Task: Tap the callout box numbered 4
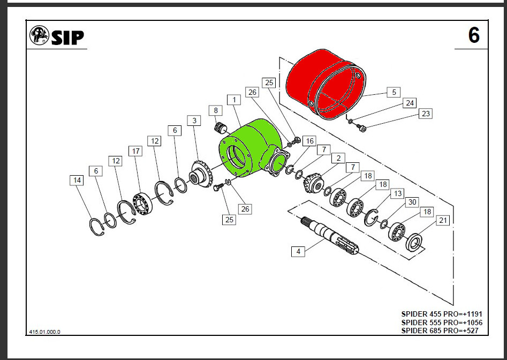299,251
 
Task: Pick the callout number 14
77,181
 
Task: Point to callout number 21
442,220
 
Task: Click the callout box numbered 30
412,202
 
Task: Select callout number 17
136,151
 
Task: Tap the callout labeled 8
216,111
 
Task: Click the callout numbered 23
426,114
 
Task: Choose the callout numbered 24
410,103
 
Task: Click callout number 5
394,92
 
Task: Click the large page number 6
473,35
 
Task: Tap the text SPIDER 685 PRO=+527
440,331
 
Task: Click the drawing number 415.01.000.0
44,332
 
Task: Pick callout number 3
194,120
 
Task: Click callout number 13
397,193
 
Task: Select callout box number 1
233,100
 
